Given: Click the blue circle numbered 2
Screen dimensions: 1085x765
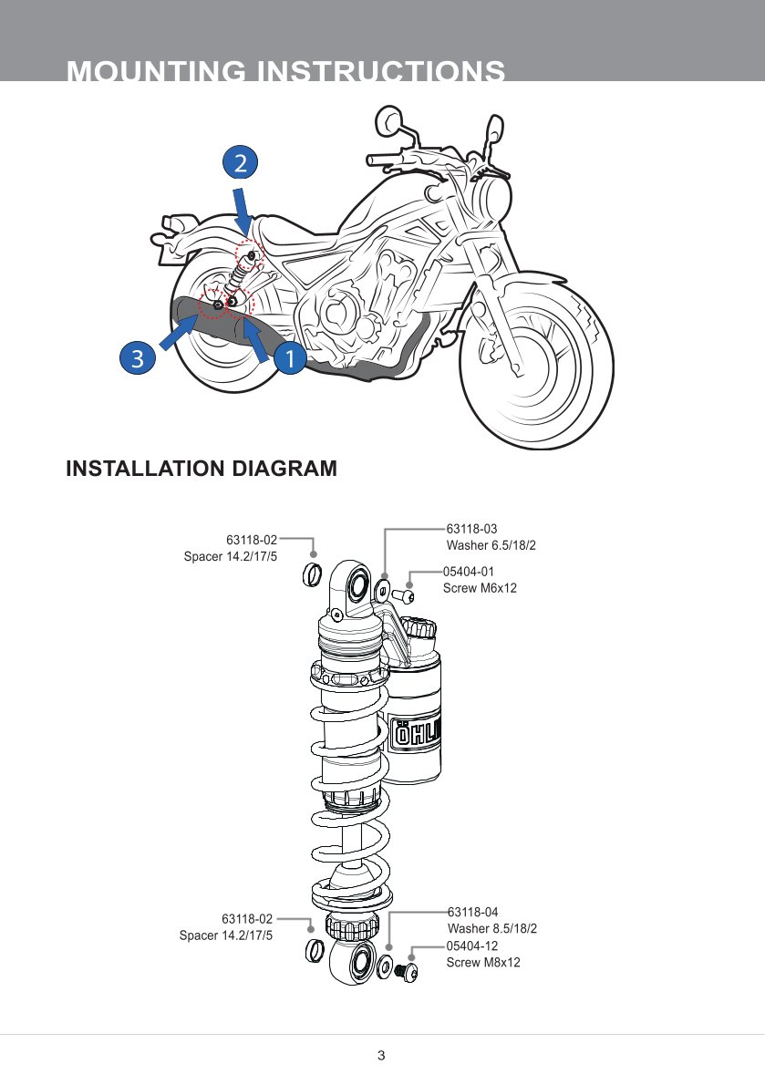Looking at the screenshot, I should (x=240, y=163).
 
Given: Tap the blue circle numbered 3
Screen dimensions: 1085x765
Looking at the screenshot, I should (x=137, y=358).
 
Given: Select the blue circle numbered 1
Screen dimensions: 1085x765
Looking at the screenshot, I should (x=289, y=358).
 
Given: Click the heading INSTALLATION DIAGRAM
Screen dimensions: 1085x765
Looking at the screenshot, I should (x=202, y=469).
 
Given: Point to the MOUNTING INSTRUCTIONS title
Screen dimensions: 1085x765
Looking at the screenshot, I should (x=286, y=71).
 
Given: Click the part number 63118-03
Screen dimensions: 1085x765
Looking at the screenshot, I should (x=471, y=528).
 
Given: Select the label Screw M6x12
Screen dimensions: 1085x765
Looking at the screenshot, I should (x=480, y=588).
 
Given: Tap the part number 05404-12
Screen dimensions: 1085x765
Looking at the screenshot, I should (x=471, y=945).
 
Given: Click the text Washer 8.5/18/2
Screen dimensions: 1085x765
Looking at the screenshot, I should (x=491, y=928).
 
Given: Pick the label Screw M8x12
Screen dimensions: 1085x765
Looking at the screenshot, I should (x=482, y=963).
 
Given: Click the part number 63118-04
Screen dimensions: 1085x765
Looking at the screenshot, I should (x=472, y=911).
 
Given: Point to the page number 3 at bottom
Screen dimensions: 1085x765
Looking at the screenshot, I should (x=381, y=1056).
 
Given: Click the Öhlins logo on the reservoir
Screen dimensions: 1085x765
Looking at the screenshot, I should (x=417, y=734).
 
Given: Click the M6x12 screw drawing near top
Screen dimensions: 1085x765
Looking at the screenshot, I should (x=404, y=597).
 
